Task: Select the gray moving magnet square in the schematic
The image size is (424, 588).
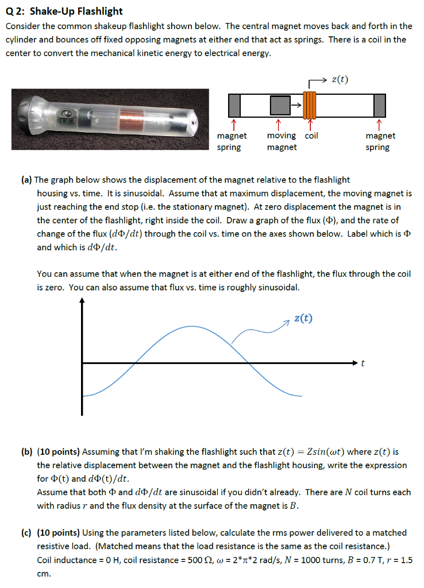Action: [279, 105]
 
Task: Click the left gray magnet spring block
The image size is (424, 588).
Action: [234, 105]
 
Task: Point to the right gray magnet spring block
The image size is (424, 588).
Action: [379, 105]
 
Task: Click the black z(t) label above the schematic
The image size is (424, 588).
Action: [340, 79]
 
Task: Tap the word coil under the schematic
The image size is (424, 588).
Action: [311, 136]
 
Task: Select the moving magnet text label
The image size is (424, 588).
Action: [282, 141]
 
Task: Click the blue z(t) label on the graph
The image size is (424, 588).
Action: [303, 319]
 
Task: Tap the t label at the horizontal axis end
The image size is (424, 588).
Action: [363, 363]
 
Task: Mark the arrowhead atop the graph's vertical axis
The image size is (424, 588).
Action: [82, 300]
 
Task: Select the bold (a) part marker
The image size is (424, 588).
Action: [26, 180]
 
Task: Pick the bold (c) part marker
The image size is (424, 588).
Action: [26, 533]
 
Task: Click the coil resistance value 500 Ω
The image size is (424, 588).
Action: [205, 560]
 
